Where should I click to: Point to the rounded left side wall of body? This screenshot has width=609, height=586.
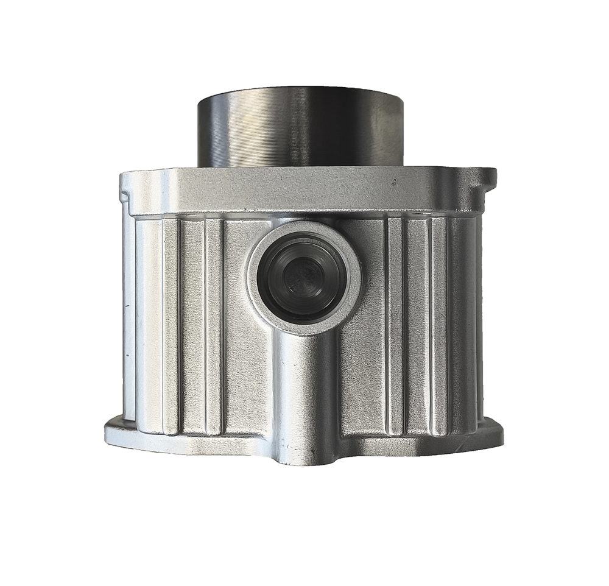tap(130, 317)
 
